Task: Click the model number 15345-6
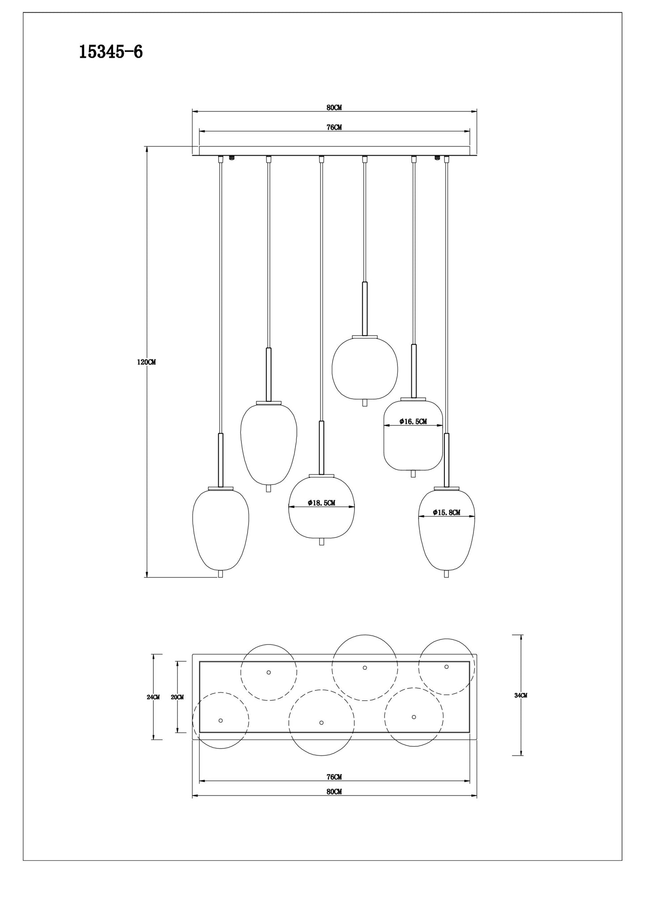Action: click(x=111, y=52)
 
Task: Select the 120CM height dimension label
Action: click(x=146, y=362)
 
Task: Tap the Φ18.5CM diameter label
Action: click(x=321, y=503)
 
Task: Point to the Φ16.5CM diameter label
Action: click(x=413, y=421)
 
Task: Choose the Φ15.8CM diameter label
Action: click(x=447, y=513)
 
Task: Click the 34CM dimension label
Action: click(x=521, y=695)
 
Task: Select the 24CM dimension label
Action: click(x=153, y=697)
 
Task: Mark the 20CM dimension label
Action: click(x=177, y=697)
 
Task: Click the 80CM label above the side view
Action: click(x=334, y=107)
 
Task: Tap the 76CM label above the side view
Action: click(x=334, y=128)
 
